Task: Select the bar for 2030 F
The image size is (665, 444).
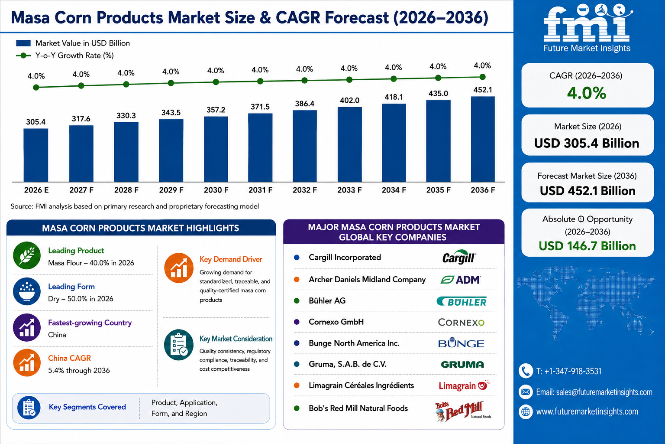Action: click(x=216, y=149)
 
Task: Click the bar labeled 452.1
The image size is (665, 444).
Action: click(x=483, y=139)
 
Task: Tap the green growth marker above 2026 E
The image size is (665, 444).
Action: click(x=36, y=88)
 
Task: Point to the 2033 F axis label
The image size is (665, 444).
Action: click(x=349, y=190)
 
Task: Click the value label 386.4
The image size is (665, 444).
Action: click(x=305, y=104)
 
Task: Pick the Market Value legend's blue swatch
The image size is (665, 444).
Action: click(x=23, y=43)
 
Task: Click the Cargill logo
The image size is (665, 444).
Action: click(x=459, y=258)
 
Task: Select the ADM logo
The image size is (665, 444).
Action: click(x=461, y=280)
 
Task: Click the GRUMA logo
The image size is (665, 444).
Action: click(x=462, y=364)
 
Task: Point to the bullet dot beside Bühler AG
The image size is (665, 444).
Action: click(x=297, y=300)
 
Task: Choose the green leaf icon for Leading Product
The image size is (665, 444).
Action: click(x=27, y=255)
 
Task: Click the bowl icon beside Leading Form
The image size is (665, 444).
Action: click(x=27, y=291)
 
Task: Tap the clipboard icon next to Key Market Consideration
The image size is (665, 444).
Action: click(x=179, y=345)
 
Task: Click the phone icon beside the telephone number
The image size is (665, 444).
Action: click(x=526, y=371)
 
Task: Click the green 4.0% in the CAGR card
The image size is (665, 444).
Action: click(x=587, y=93)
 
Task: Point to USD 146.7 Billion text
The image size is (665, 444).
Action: click(x=587, y=246)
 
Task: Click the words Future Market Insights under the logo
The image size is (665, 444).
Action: click(x=587, y=48)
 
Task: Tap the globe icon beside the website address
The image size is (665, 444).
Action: click(x=526, y=412)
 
